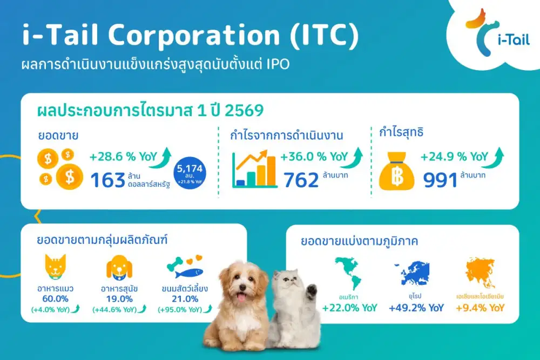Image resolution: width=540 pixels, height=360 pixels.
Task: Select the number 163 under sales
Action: [x=108, y=180]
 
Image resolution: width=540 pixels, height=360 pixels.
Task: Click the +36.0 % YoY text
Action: [x=313, y=157]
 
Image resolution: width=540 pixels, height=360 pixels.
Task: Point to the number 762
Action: [x=301, y=180]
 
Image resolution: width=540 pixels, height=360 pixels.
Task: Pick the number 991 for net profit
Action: [x=440, y=180]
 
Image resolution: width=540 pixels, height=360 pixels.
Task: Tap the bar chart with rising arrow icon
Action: [x=254, y=169]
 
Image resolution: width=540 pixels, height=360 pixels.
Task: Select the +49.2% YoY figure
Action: [x=416, y=308]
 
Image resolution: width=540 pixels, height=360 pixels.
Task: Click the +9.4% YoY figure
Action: [x=480, y=308]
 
